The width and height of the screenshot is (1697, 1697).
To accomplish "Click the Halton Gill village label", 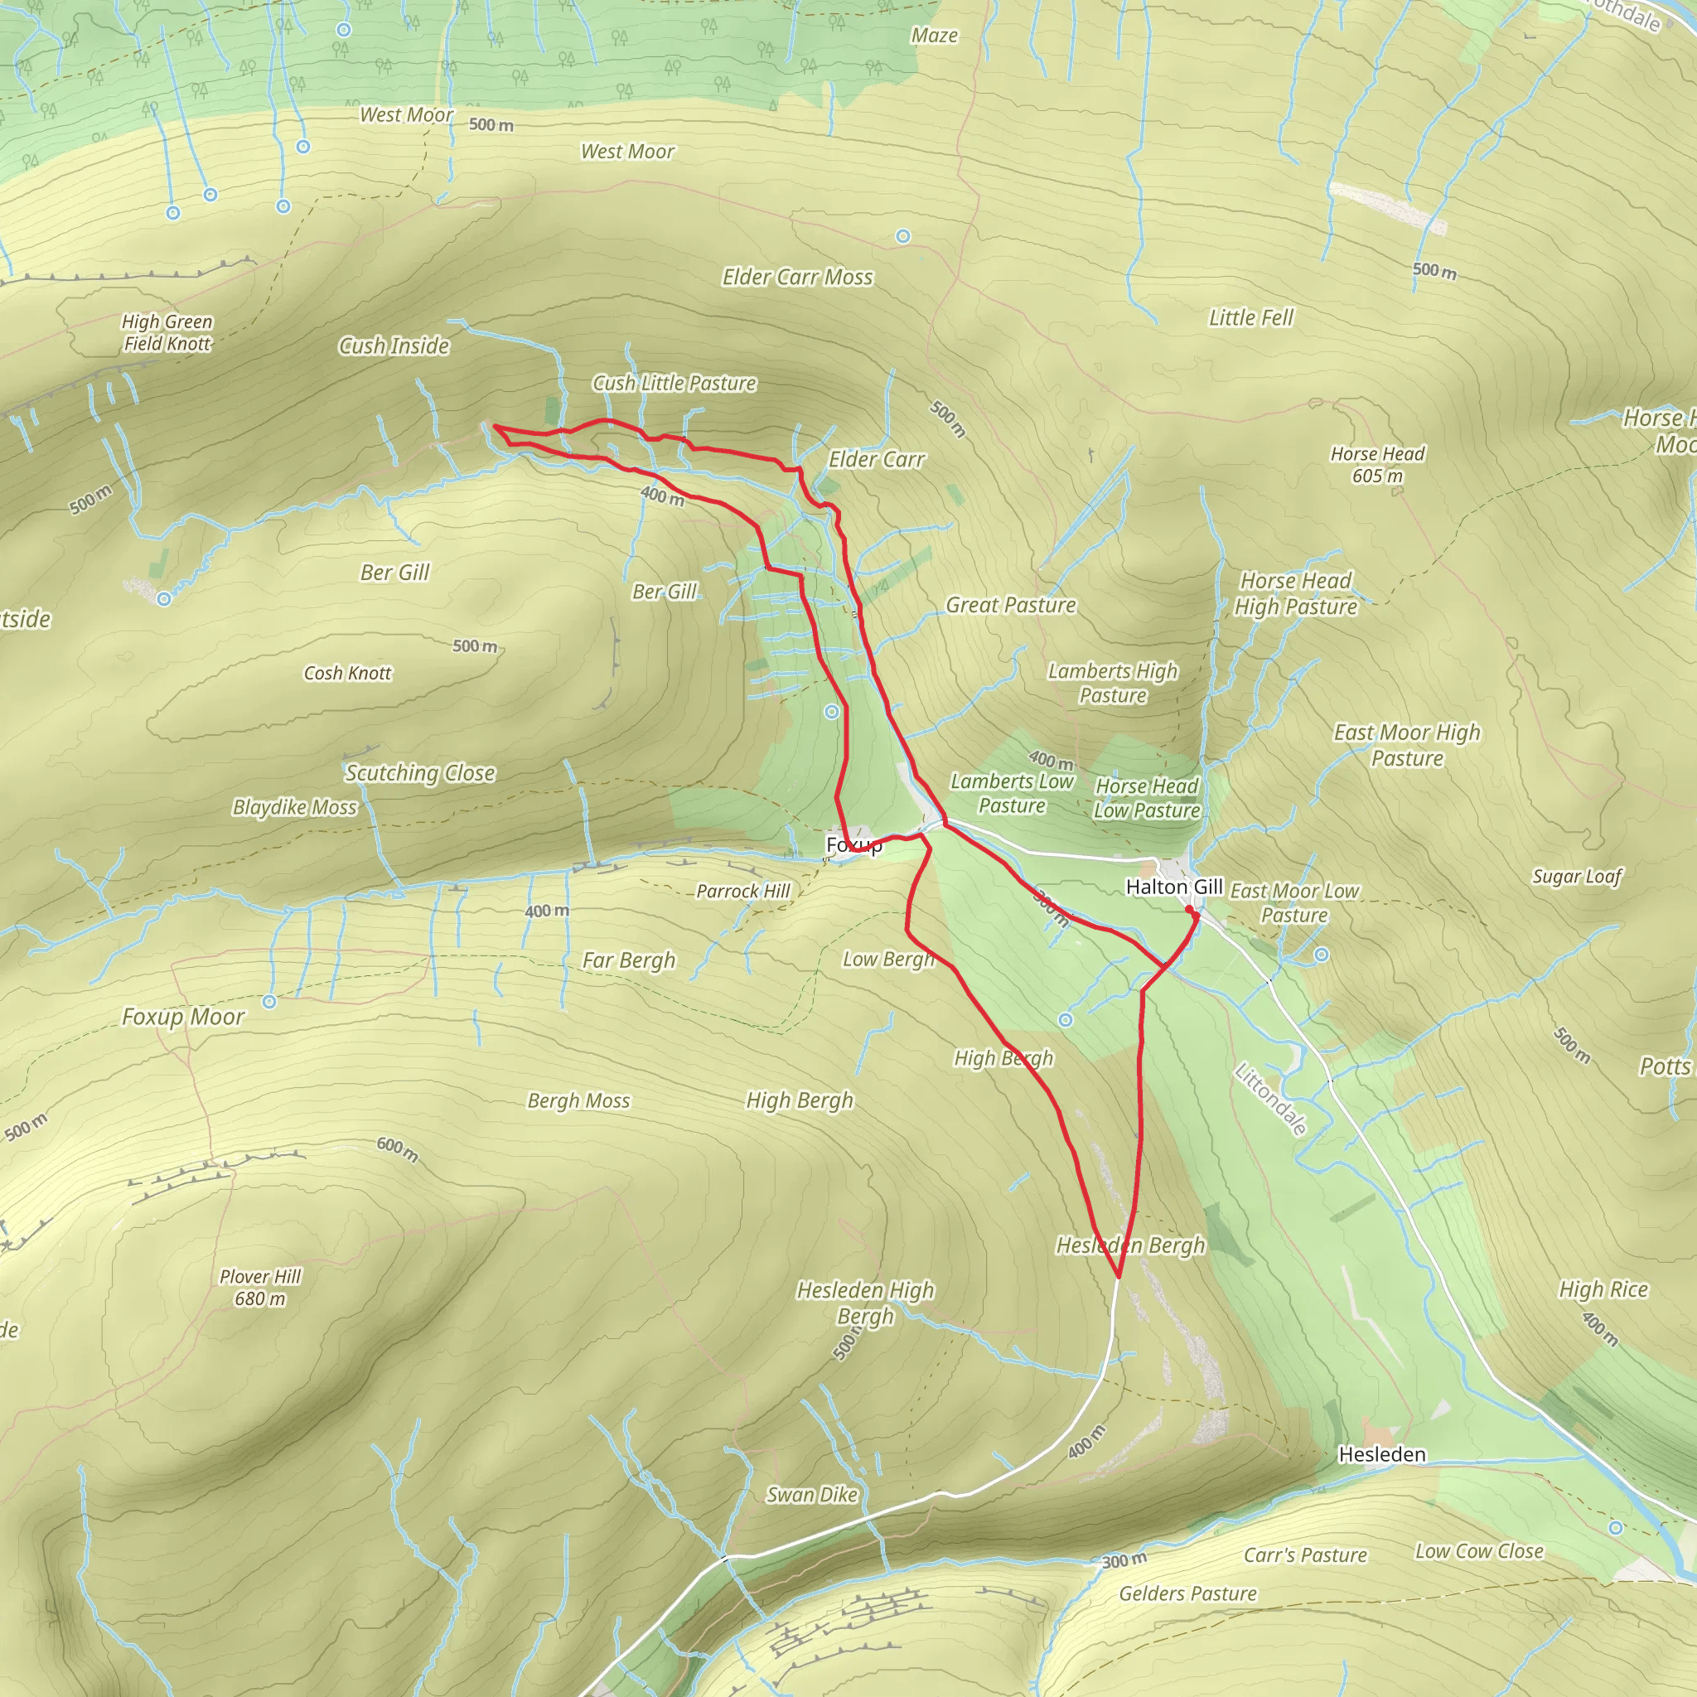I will tap(1173, 887).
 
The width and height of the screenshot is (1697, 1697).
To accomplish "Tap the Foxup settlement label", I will tap(853, 845).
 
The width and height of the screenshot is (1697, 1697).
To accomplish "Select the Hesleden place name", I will tap(1381, 1454).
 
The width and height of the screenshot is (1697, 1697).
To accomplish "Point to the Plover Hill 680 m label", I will tap(260, 1287).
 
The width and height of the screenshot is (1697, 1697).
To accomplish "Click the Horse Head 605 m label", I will tap(1377, 465).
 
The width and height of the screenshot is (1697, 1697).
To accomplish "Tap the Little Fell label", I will tap(1250, 318).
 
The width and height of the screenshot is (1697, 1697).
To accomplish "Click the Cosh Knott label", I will tap(347, 674).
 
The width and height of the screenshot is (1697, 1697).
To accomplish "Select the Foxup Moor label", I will tap(182, 1018).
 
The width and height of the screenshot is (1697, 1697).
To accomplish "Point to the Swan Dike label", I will tap(810, 1495).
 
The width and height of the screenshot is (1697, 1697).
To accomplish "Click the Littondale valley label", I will tap(1270, 1099).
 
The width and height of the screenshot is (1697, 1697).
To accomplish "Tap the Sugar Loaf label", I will tap(1577, 876).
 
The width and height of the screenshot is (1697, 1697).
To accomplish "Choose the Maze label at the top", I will tap(934, 36).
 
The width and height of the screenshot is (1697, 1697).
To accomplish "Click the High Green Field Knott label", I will tap(167, 333).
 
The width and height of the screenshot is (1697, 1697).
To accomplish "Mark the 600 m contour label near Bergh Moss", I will tap(397, 1149).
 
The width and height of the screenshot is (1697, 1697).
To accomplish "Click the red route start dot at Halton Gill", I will tap(1189, 910).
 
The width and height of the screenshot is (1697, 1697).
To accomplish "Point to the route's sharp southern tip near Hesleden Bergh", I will tap(1119, 1276).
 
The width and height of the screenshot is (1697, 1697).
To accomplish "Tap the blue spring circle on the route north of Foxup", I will tap(832, 713).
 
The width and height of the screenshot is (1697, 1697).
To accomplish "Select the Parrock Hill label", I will tap(743, 892).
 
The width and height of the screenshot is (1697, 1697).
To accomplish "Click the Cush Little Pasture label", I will tap(674, 384).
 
